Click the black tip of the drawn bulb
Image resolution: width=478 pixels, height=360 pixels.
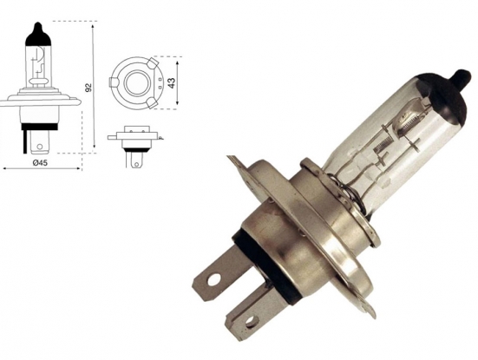tap(36, 34)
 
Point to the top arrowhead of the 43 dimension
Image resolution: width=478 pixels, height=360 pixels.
tap(178, 62)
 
